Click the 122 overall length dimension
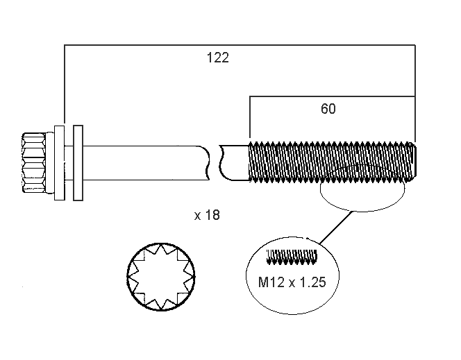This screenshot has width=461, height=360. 217,58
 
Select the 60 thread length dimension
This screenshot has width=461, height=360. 329,108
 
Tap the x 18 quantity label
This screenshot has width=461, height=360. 207,215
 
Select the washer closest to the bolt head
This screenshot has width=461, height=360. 60,162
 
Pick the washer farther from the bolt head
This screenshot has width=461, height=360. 78,162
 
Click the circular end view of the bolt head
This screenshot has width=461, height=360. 162,277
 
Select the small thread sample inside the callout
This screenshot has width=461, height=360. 292,257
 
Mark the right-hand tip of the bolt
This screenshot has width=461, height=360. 414,162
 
